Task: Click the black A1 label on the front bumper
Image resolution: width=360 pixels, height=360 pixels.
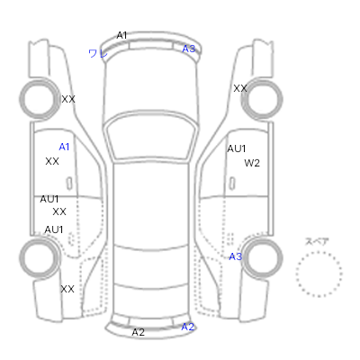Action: (121, 35)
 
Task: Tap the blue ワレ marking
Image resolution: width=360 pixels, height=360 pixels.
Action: (98, 54)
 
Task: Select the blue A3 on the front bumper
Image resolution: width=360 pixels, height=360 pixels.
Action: (189, 49)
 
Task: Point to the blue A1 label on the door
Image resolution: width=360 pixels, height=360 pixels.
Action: (64, 147)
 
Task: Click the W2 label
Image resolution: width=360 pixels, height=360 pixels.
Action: (252, 163)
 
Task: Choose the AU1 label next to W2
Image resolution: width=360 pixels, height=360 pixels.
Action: (237, 148)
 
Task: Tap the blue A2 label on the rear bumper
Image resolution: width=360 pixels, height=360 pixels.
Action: (188, 327)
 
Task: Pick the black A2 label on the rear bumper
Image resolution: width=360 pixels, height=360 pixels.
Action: (139, 332)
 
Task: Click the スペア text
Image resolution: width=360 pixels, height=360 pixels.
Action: (317, 241)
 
